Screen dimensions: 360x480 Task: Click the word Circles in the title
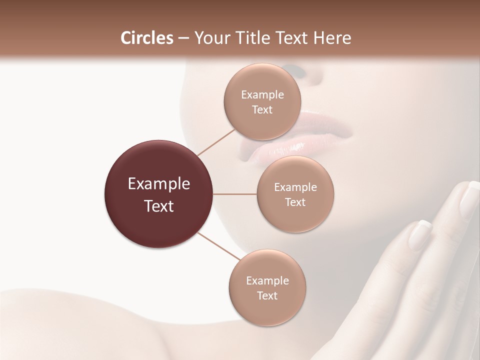coord(146,38)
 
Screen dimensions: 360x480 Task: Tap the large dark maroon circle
coord(159,194)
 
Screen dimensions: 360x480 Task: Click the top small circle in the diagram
coord(262,102)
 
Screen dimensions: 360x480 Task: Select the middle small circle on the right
coord(295,194)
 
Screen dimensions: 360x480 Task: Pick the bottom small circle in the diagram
coord(267,288)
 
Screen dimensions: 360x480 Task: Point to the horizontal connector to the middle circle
coord(235,194)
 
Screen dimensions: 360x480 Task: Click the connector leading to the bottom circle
coord(218,247)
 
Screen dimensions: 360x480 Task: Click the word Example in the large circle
coord(159,184)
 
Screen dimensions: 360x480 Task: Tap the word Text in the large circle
coord(159,206)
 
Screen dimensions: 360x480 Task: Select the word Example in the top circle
coord(262,95)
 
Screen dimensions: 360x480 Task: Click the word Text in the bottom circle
coord(267,295)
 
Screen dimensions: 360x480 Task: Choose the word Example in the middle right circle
coord(295,187)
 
